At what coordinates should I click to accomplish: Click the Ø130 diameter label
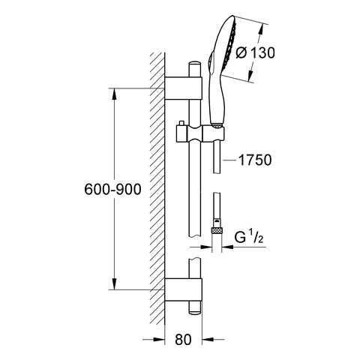coord(255,52)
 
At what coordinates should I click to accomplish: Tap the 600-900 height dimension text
coord(112,189)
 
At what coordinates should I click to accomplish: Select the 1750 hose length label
coord(255,160)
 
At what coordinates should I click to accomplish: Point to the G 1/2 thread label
coord(249,237)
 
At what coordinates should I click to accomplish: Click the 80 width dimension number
coord(183,340)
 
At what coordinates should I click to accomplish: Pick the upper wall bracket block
coord(183,88)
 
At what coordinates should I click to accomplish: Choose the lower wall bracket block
coord(183,289)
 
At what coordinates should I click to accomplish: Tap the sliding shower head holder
coord(200,133)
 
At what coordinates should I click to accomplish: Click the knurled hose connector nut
coord(217,230)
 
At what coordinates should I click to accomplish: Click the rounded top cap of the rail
coord(194,64)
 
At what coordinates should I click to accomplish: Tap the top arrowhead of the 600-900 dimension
coord(114,94)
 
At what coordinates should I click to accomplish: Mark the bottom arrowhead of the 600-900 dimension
coord(114,283)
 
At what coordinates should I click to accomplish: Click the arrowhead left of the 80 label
coord(159,340)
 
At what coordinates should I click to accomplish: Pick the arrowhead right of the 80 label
coord(208,340)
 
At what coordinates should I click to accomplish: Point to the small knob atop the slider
coord(181,123)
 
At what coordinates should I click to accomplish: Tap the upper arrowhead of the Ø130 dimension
coord(260,29)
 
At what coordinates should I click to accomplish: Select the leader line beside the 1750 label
coord(229,160)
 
